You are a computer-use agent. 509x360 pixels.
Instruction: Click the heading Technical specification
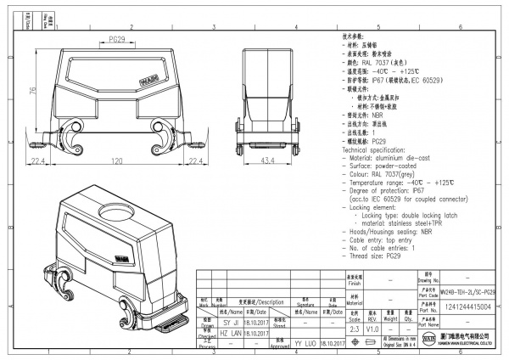379,148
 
